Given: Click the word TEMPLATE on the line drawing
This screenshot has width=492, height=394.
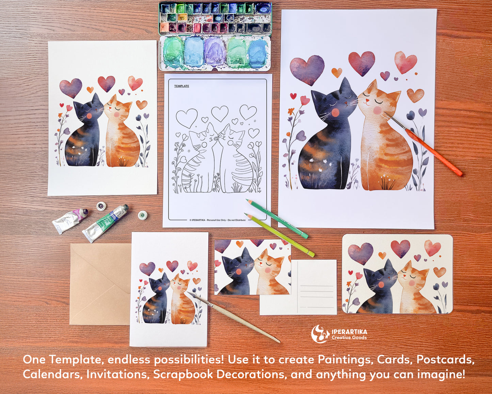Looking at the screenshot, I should pyautogui.click(x=181, y=86).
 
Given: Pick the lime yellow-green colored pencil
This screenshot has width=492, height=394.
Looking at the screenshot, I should pyautogui.click(x=279, y=235).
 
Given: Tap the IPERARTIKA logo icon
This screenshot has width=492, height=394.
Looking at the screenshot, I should pyautogui.click(x=320, y=334).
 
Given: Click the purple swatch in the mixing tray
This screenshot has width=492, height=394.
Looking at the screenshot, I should pyautogui.click(x=215, y=51).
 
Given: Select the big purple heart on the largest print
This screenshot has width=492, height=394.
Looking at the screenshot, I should pyautogui.click(x=307, y=69).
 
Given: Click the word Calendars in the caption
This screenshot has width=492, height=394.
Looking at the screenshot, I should pyautogui.click(x=52, y=374).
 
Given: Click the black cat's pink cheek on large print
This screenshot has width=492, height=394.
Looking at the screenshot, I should pyautogui.click(x=335, y=112).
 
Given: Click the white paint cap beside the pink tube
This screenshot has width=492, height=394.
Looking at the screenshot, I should pyautogui.click(x=101, y=206).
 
